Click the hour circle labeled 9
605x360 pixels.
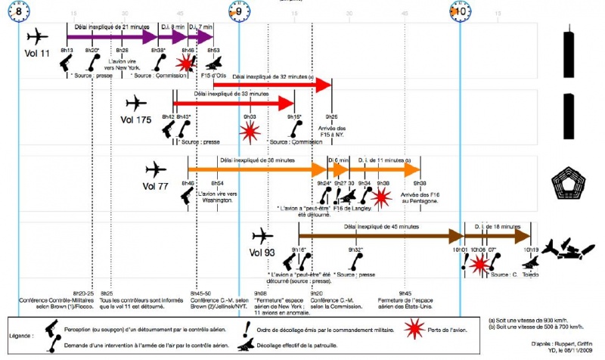pos(238,11)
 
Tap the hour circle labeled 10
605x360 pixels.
pos(459,11)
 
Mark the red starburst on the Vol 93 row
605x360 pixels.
pos(479,265)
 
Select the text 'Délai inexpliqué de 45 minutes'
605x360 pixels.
pos(380,226)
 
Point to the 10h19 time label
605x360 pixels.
pos(531,250)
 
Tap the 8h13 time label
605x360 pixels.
pos(67,51)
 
